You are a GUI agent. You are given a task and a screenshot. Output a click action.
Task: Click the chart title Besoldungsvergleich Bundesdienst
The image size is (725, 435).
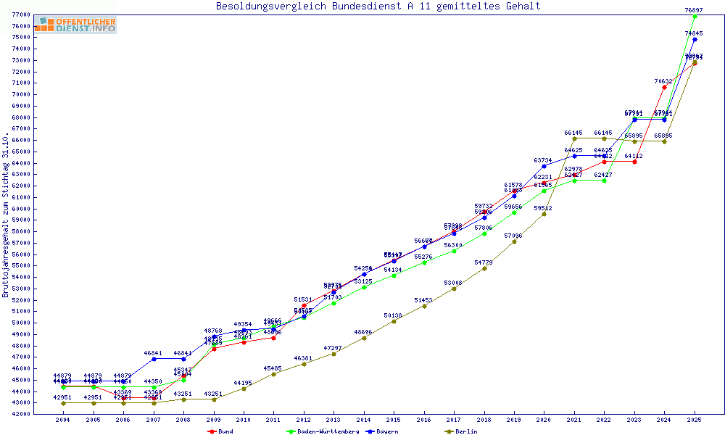coord(378,7)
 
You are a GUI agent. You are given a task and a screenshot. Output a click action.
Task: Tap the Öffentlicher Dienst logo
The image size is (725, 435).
coord(75,25)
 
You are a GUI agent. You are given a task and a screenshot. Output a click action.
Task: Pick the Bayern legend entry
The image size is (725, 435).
coord(384,431)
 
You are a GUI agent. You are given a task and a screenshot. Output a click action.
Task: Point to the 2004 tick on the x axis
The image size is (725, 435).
coord(63,420)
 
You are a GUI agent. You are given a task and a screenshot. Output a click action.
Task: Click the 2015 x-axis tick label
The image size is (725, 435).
coord(394,420)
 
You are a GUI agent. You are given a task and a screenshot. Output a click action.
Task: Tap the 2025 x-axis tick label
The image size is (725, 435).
coord(695,420)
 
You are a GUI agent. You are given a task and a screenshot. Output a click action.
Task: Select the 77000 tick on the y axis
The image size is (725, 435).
coord(20,14)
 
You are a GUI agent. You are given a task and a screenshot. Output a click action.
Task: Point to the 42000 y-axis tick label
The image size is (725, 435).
coord(20,414)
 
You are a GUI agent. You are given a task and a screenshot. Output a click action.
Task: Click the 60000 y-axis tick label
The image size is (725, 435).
coord(20,209)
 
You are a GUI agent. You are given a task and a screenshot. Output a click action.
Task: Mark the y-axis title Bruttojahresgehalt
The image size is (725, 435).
coord(6,215)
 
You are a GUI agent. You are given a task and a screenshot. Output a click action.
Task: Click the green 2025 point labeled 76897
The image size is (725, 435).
coord(695,16)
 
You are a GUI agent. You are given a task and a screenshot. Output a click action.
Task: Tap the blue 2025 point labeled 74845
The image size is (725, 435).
coord(695,39)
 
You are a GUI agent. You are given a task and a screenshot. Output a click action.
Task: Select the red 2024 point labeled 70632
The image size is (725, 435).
coord(664,87)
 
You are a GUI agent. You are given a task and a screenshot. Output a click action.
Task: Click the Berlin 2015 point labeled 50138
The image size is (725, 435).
coord(394,321)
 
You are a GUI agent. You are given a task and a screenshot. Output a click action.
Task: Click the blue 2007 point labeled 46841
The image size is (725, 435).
coord(154,359)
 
